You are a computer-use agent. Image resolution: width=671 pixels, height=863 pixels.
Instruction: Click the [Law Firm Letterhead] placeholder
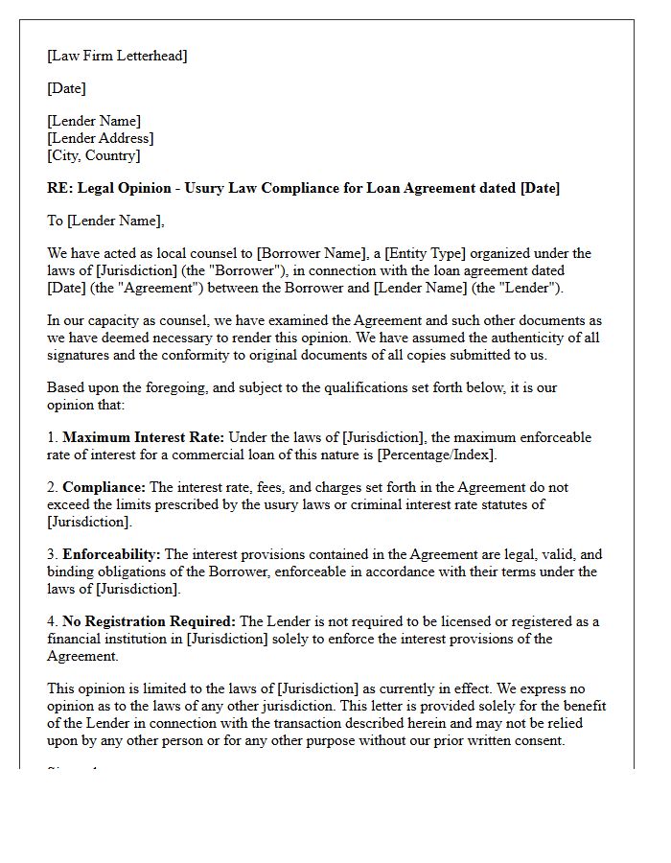117,56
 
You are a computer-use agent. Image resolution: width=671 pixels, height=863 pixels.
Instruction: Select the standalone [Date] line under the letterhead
66,88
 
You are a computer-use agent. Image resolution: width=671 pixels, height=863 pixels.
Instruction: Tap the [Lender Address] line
100,138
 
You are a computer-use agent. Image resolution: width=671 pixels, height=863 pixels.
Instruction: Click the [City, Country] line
93,155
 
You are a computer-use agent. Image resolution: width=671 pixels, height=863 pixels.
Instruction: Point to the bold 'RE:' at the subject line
60,188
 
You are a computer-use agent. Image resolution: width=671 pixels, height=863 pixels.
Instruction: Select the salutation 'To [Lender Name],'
105,221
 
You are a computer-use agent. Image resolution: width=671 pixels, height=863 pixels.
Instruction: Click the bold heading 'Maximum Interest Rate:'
136,437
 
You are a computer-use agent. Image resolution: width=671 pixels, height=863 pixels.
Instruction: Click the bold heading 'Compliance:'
104,487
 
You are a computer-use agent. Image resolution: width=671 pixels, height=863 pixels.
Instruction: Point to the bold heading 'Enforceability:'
111,554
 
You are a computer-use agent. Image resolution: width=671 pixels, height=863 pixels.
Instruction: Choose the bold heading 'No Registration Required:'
149,621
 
